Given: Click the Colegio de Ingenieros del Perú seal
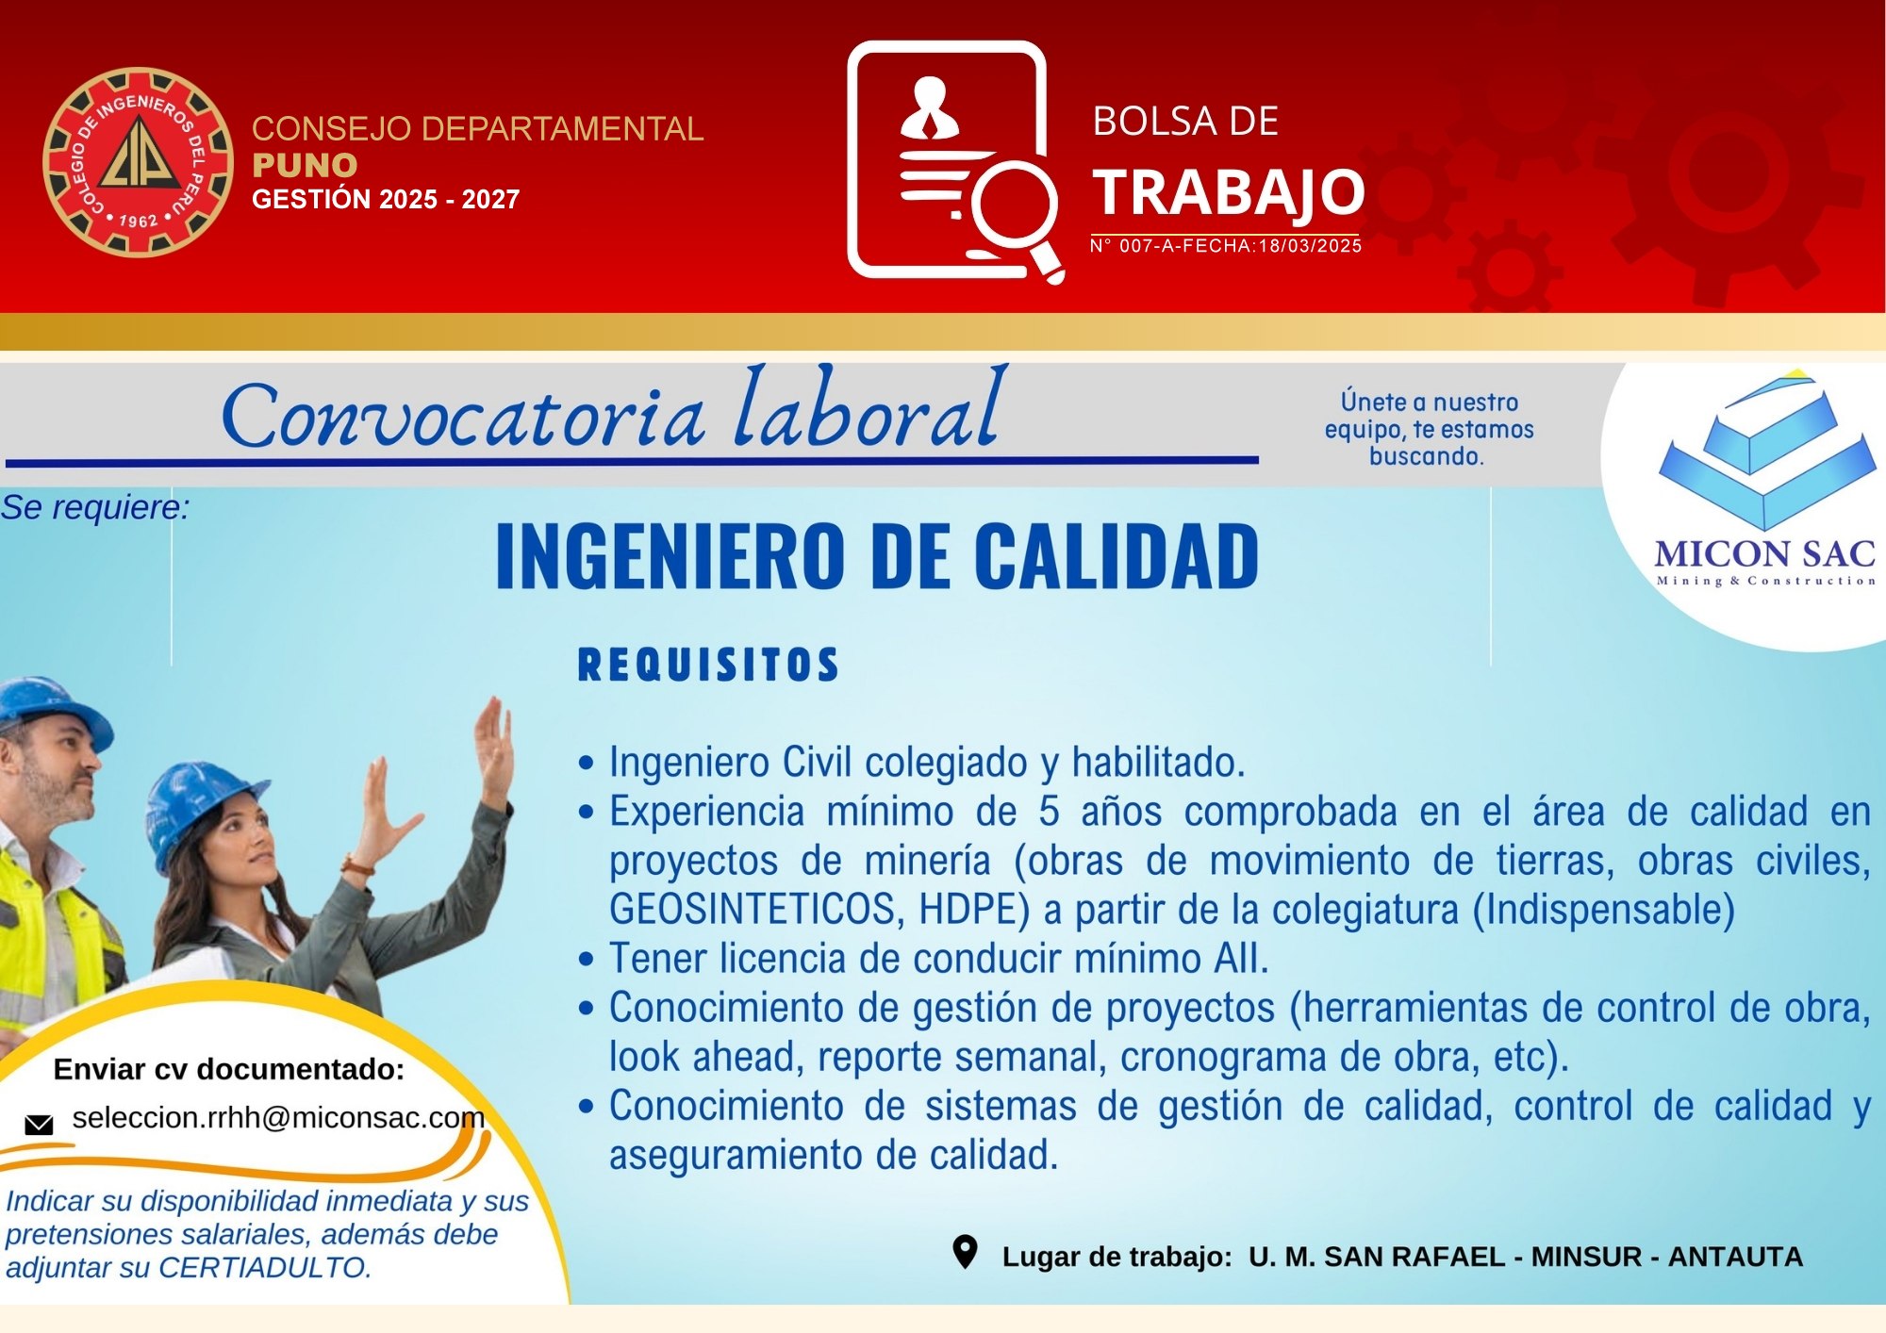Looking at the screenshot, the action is (139, 162).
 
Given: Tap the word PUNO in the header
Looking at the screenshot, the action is (305, 165).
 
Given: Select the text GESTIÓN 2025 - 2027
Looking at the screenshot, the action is (386, 199).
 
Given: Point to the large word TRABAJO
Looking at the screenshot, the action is (1229, 192).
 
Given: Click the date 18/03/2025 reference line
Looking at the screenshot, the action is (1226, 246).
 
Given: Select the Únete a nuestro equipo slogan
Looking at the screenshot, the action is (1429, 429).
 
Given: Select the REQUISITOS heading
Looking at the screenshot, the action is (708, 665).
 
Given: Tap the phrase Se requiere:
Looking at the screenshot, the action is (95, 507).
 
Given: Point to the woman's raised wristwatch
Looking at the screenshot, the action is (359, 864).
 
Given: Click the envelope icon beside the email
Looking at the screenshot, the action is (39, 1124).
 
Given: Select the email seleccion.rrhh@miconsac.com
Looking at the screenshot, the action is (278, 1118).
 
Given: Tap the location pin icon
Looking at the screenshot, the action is (965, 1253).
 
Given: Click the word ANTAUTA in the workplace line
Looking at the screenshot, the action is (1735, 1257).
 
